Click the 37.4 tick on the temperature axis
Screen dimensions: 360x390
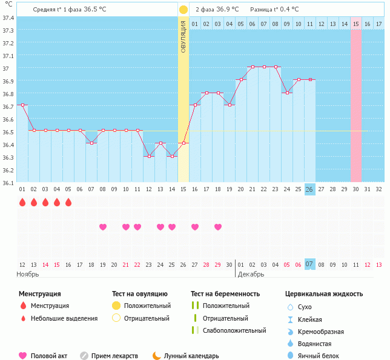pos(8,18)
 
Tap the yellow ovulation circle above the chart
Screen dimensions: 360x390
pos(183,10)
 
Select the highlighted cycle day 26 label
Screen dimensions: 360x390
pos(309,189)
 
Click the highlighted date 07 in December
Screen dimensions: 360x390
pos(309,264)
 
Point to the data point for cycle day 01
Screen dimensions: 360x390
pos(22,105)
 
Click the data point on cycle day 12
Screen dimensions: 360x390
pos(149,156)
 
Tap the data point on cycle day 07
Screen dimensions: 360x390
pos(91,143)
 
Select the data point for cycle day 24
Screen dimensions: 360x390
pos(287,93)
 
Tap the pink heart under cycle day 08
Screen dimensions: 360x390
pos(103,227)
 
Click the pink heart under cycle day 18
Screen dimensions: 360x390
pos(218,227)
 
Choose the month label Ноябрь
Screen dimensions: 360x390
pos(28,274)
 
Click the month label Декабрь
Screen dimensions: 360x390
pos(251,274)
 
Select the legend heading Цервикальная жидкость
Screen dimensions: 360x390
pos(324,293)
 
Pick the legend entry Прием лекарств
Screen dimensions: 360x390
pos(114,356)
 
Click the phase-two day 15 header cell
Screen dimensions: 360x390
pos(356,24)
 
